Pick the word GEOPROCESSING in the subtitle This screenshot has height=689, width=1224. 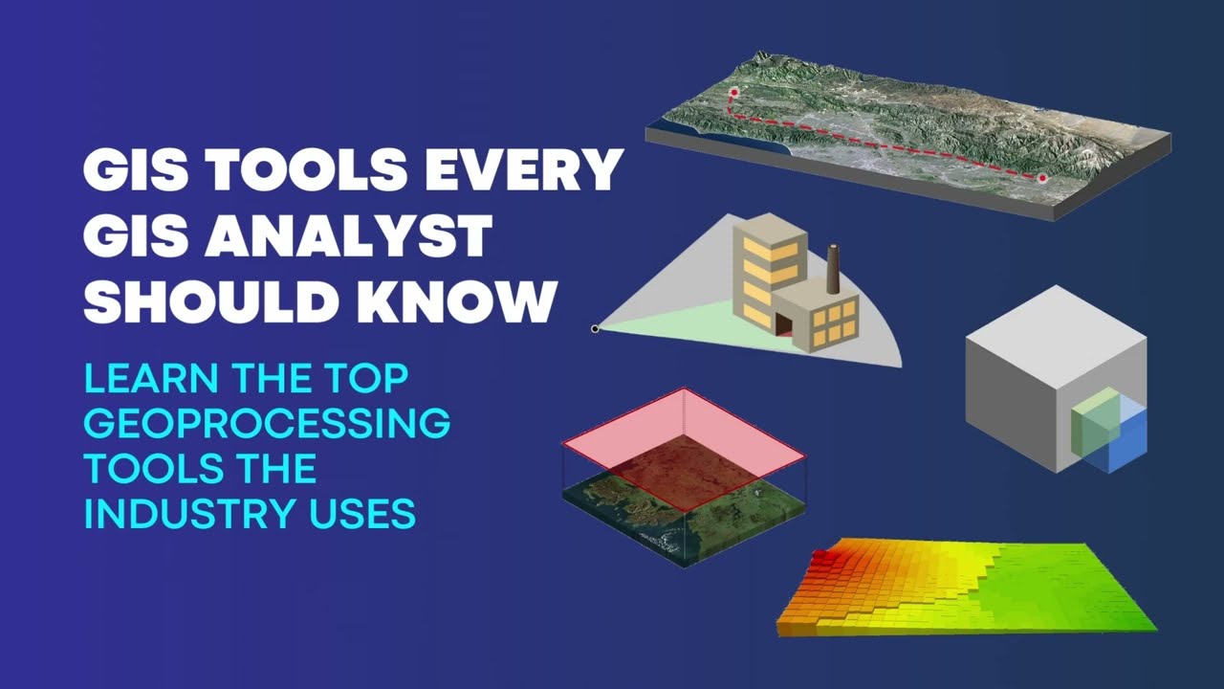[x=267, y=422]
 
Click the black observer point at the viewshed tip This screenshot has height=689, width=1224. [x=595, y=328]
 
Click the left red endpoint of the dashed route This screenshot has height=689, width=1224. [x=734, y=93]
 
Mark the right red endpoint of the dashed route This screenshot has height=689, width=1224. [x=1042, y=178]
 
